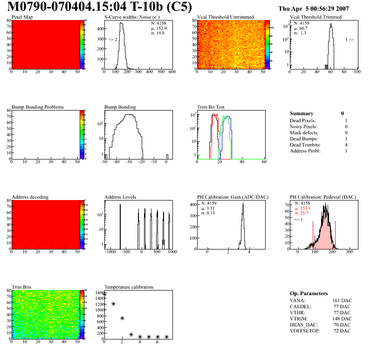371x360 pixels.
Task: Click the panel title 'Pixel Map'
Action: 22,17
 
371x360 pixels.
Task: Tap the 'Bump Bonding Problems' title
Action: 38,107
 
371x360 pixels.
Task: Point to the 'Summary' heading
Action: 302,113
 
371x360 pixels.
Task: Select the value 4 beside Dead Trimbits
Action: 346,145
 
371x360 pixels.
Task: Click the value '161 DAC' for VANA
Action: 342,300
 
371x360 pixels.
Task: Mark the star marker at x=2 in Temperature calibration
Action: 122,318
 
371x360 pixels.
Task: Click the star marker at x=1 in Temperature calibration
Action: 113,304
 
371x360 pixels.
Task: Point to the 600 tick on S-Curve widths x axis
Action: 172,72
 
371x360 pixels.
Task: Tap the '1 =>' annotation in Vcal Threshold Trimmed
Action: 350,40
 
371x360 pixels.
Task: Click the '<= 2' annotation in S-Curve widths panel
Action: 113,40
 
